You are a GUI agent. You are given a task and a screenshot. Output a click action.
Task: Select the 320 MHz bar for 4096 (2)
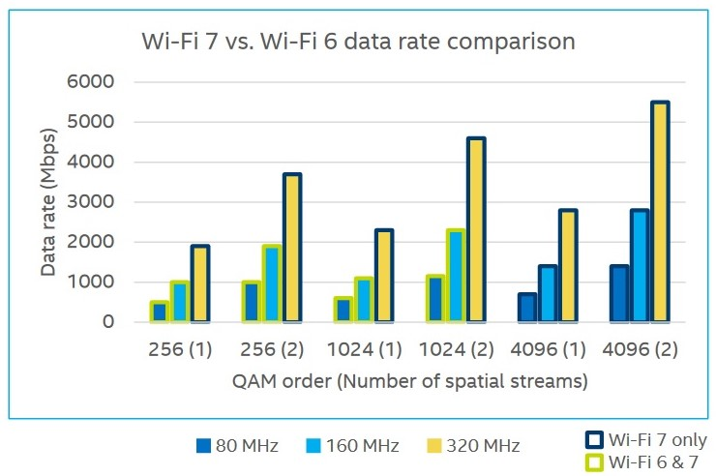point(660,212)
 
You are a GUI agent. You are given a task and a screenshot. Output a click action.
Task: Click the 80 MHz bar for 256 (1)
point(159,312)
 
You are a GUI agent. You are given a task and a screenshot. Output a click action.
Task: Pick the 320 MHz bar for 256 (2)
point(292,248)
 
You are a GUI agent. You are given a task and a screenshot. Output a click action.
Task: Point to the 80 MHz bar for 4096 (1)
point(527,308)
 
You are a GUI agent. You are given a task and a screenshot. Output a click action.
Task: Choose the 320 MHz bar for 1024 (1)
point(384,276)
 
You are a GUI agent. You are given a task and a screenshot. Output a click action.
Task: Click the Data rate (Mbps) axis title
point(48,201)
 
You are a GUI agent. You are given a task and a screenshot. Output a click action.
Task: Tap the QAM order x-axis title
point(411,381)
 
